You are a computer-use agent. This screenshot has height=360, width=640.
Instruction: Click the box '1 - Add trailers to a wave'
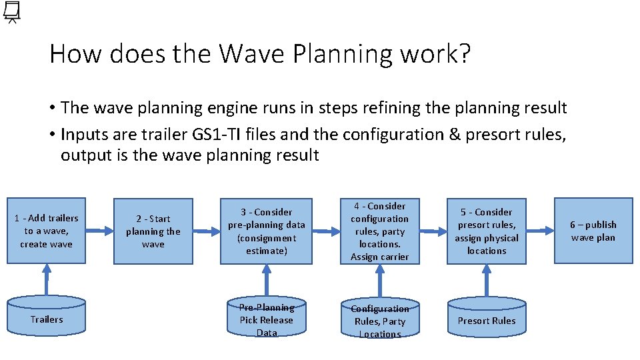47,231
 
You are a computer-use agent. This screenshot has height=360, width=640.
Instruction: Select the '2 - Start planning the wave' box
153,231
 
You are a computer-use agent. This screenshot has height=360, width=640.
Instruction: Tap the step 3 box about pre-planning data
267,231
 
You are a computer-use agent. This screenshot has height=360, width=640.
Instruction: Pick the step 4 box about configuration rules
379,231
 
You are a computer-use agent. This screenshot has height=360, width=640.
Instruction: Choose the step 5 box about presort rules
487,231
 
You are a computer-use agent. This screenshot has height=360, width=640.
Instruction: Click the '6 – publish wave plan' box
593,231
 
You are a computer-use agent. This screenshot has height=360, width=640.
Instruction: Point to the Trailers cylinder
47,319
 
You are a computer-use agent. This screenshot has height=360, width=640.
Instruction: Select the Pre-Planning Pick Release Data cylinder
267,319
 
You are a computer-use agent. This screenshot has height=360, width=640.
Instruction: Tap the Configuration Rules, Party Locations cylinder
379,321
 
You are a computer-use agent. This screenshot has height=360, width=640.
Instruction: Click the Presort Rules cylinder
487,320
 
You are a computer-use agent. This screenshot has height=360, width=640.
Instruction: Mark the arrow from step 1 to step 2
100,231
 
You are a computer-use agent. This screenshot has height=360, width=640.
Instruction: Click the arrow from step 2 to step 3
207,231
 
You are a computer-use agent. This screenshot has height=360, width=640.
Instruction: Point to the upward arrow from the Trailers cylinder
47,280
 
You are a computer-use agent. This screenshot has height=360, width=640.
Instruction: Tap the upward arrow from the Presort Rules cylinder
487,280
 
